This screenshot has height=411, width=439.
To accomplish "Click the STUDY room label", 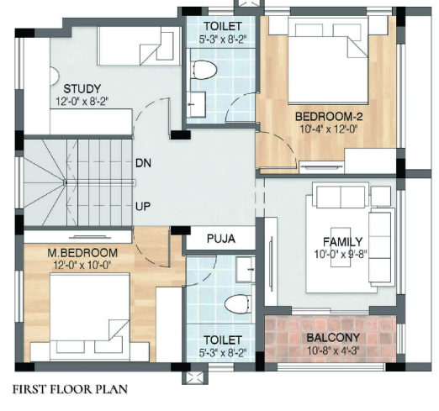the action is [x=82, y=89].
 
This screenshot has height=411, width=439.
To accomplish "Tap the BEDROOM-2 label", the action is [x=329, y=116].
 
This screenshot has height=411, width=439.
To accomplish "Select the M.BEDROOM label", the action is [x=82, y=253].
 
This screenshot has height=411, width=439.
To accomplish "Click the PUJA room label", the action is [x=221, y=239].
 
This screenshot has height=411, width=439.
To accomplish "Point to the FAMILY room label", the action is [x=343, y=241].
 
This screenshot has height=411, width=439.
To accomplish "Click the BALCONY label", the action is [x=333, y=338].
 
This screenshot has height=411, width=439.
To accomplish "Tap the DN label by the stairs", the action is [x=143, y=163].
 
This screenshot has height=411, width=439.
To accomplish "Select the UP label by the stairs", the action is [x=143, y=207].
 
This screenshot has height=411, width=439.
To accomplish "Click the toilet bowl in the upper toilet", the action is [x=204, y=70].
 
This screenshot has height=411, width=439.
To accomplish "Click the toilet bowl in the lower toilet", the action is [x=237, y=303].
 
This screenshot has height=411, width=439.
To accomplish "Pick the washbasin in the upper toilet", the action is [x=196, y=104].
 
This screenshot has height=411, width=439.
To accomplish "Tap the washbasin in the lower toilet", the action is [x=246, y=270].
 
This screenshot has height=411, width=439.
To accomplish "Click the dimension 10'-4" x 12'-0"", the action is [x=329, y=129].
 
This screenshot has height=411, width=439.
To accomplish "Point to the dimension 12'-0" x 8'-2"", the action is [x=82, y=101].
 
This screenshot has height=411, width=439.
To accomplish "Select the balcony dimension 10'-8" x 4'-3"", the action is [x=333, y=350].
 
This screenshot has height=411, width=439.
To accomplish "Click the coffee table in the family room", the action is [x=341, y=247].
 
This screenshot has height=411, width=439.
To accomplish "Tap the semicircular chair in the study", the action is [x=54, y=76].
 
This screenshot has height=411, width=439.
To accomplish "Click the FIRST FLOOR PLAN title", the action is [x=70, y=389].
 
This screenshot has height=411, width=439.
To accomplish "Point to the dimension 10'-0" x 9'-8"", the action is [x=341, y=255].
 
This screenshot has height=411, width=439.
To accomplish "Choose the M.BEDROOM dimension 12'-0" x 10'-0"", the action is [x=82, y=265].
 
